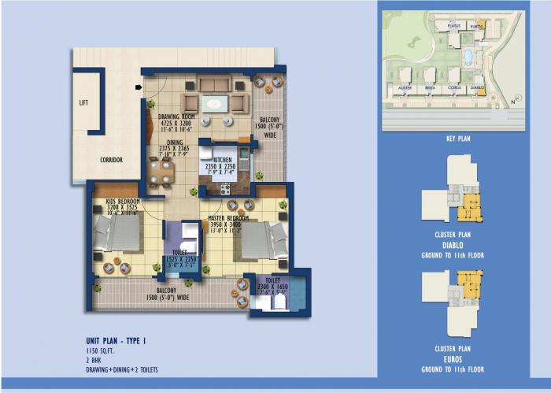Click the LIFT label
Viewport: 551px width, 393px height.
click(84, 102)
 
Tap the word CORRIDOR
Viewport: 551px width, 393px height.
click(111, 160)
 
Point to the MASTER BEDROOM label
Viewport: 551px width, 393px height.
click(229, 217)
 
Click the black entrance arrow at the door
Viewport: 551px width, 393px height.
click(139, 87)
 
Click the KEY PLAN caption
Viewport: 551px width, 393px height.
click(458, 139)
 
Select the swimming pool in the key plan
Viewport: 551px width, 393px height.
click(468, 57)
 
